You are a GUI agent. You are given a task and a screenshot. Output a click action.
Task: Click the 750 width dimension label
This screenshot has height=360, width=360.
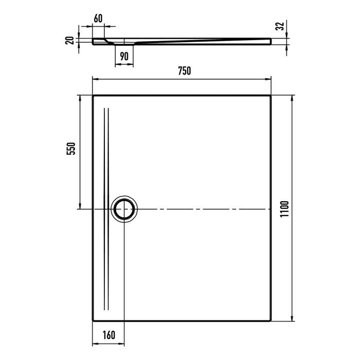pos(184,71)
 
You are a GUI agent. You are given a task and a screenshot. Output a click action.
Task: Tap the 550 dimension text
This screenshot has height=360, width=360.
pos(73,149)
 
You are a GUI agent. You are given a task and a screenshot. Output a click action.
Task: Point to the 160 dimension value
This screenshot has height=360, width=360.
pos(108,335)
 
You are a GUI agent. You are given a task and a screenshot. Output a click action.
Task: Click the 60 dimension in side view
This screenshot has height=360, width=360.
pos(98,18)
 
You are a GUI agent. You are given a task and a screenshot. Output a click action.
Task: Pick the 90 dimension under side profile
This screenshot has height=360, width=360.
pos(123,57)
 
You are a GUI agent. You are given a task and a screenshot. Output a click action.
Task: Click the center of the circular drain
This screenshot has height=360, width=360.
pos(124,209)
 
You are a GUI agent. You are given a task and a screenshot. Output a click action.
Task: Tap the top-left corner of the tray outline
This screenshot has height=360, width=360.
pos(93,96)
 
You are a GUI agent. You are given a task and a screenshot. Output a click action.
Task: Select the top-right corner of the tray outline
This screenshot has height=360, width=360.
pos(271,96)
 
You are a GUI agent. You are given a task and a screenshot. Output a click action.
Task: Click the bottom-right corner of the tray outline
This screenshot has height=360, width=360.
pos(271,319)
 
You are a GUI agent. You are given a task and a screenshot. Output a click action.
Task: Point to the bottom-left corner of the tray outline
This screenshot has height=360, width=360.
pos(93,319)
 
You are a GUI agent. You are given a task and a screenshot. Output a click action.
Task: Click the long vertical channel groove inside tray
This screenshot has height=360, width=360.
pos(106,154)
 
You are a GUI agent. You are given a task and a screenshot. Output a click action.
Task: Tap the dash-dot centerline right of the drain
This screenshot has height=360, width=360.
pos(206,209)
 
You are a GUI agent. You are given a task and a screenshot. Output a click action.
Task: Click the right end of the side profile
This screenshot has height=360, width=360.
pos(271,40)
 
